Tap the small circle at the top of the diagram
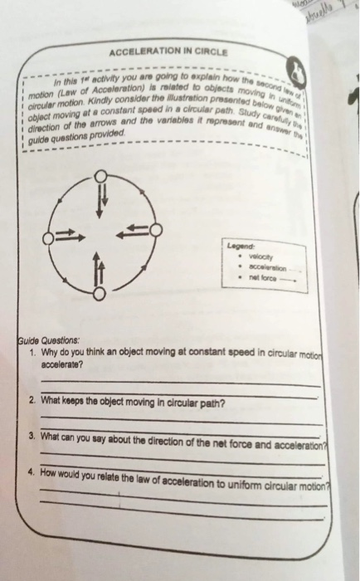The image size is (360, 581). (x=100, y=175)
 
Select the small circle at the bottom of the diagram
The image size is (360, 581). (x=99, y=294)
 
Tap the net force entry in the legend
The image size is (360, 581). (x=261, y=279)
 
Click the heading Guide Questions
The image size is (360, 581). (x=51, y=339)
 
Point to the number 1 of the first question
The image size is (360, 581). (x=29, y=350)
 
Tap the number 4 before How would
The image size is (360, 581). (x=29, y=468)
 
